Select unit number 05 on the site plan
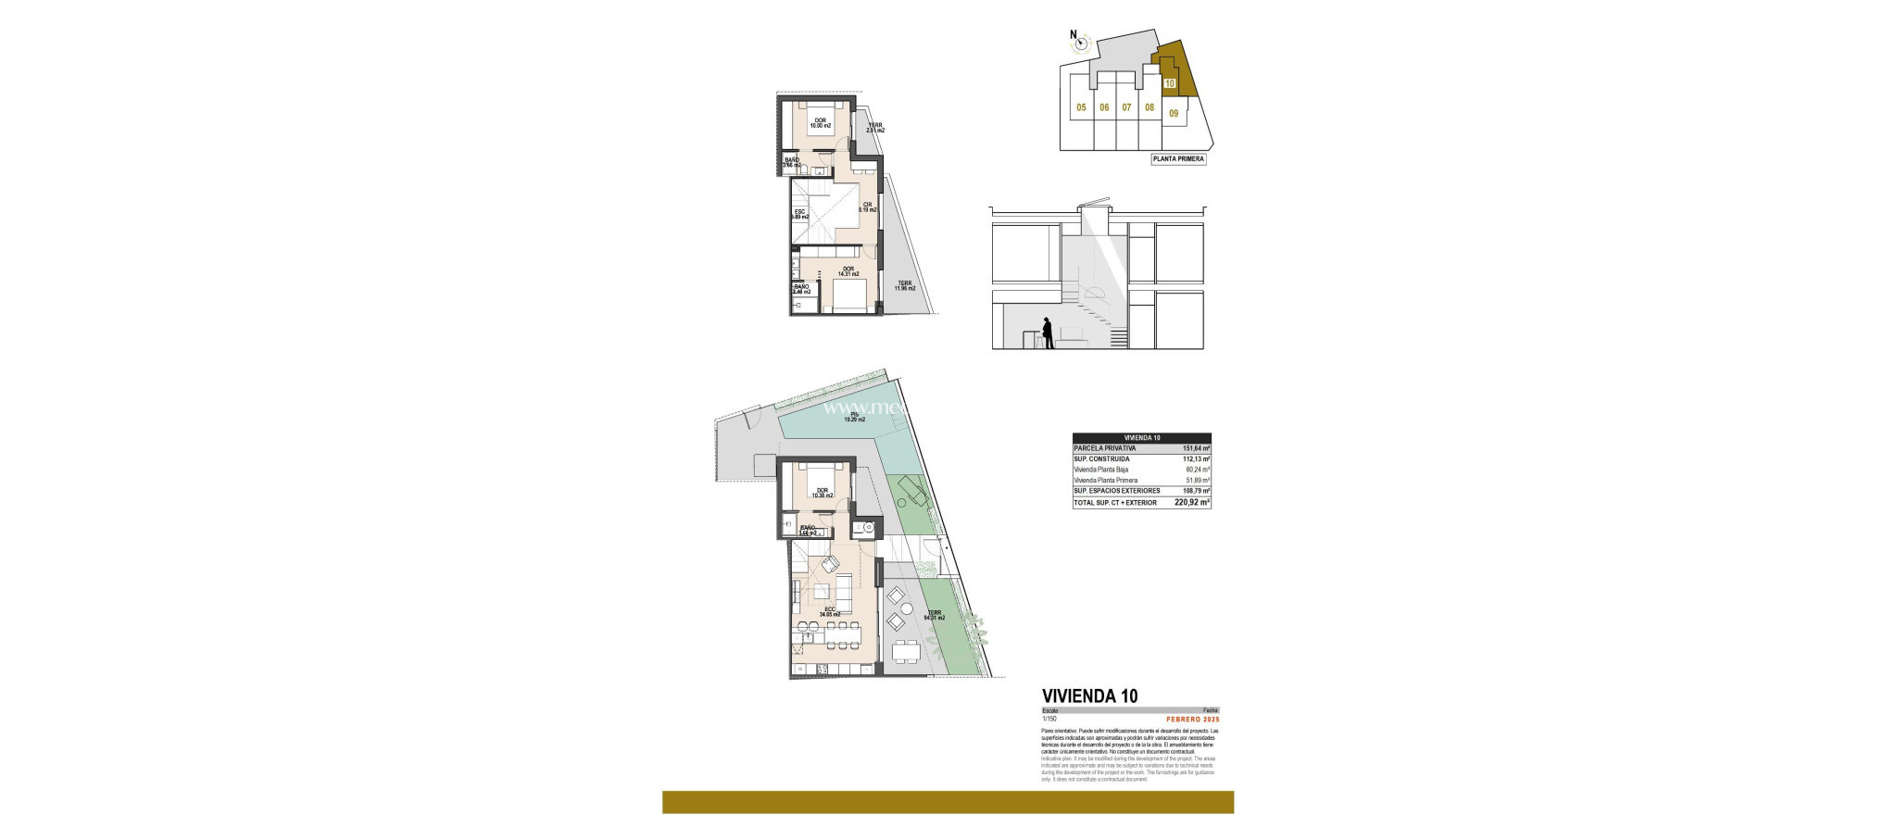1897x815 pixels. (1081, 107)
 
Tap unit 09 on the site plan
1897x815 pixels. (1174, 114)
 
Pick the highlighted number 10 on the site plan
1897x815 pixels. (1170, 83)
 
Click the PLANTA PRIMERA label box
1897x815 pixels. (1178, 159)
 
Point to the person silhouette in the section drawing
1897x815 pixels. (1048, 333)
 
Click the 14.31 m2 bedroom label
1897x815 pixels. (200, 272)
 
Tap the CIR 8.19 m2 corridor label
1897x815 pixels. (220, 207)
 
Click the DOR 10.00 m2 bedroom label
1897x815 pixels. (173, 122)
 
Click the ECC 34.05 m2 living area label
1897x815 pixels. (182, 611)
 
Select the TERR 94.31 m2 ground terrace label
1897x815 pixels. (934, 615)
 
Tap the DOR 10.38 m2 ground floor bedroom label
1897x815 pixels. (174, 494)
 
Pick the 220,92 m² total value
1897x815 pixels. (1192, 503)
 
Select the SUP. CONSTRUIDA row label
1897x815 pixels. (1101, 458)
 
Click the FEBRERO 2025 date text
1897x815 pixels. (1192, 720)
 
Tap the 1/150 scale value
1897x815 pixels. (1049, 720)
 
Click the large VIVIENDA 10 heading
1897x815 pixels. (1090, 696)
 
